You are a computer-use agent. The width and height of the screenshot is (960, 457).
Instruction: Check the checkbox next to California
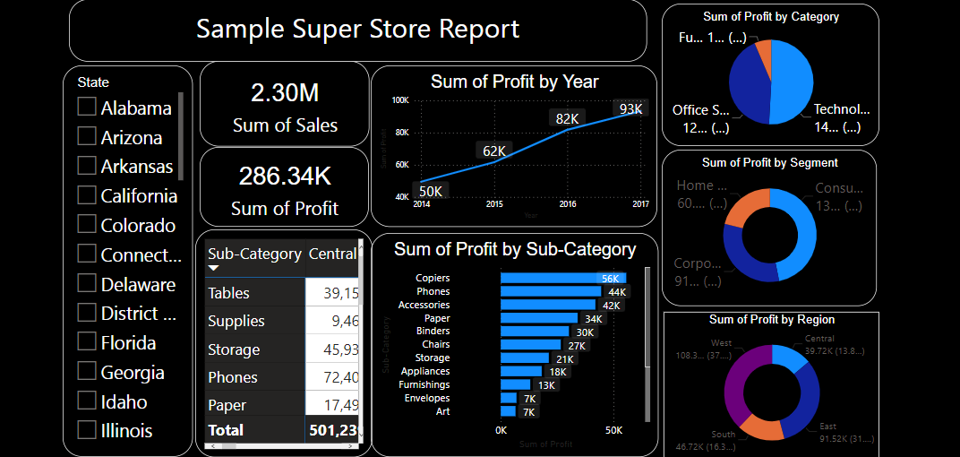tap(87, 195)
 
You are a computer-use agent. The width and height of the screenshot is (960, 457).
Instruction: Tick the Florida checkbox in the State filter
tap(87, 342)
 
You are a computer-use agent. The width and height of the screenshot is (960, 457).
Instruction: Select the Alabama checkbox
tap(87, 108)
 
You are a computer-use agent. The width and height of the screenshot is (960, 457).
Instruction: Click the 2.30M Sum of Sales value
tap(285, 93)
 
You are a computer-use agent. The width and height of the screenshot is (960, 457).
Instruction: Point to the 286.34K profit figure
tap(285, 176)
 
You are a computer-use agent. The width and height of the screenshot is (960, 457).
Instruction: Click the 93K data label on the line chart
tap(630, 109)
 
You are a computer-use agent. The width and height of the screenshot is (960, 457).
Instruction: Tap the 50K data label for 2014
tap(431, 191)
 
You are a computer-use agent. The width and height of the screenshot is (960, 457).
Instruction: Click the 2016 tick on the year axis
tap(568, 205)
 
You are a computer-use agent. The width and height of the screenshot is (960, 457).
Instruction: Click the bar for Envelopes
tap(509, 398)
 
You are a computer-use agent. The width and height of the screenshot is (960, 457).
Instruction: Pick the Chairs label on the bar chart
tap(436, 344)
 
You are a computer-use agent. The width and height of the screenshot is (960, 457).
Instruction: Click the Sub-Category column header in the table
tap(254, 254)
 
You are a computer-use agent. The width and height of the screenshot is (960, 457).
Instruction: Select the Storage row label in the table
tap(234, 349)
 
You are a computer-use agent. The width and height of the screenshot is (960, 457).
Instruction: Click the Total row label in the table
tap(226, 430)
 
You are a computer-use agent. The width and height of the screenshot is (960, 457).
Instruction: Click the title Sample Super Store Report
tap(357, 29)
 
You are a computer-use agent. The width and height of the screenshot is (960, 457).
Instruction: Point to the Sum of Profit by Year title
tap(515, 82)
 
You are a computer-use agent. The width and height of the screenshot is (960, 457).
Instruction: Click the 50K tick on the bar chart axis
tap(613, 430)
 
